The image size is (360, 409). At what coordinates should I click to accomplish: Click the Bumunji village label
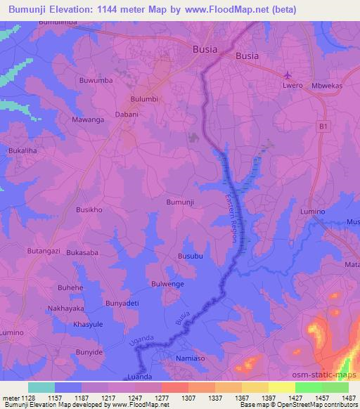tap(179, 202)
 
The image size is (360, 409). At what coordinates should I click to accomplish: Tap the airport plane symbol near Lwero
tap(288, 75)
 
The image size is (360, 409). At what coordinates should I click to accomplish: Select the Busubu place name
tap(190, 257)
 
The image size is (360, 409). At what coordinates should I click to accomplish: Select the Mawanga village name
tap(89, 119)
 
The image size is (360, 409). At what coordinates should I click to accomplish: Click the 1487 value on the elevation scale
tap(346, 398)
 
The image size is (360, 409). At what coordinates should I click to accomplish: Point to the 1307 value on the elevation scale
tap(188, 398)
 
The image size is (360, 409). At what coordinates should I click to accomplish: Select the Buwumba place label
tap(97, 81)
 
